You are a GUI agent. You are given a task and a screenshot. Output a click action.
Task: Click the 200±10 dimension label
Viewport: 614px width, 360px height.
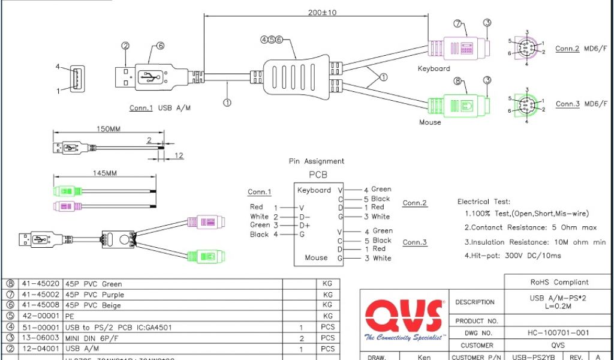tap(322, 12)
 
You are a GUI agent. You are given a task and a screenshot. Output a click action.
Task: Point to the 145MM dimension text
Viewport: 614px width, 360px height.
tap(105, 173)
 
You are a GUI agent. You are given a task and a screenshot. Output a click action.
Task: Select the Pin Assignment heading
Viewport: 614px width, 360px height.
tap(317, 161)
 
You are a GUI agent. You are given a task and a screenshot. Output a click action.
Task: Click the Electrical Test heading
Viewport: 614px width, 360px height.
tap(484, 202)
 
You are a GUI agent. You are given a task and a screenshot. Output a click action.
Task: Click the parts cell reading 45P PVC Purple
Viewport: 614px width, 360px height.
tap(95, 295)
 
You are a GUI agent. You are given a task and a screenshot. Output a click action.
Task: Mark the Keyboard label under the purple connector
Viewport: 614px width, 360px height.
tap(434, 68)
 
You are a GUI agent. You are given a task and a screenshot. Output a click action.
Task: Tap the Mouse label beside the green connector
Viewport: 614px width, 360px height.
tap(430, 122)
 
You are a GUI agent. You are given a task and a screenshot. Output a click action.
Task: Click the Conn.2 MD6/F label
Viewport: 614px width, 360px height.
tap(581, 49)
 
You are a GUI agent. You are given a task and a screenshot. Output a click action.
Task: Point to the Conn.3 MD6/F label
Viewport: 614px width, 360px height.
tap(581, 104)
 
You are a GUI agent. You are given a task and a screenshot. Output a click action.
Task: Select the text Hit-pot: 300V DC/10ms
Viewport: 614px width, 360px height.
tap(514, 256)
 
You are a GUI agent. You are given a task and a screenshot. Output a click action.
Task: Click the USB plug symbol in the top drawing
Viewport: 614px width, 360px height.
tap(150, 77)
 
